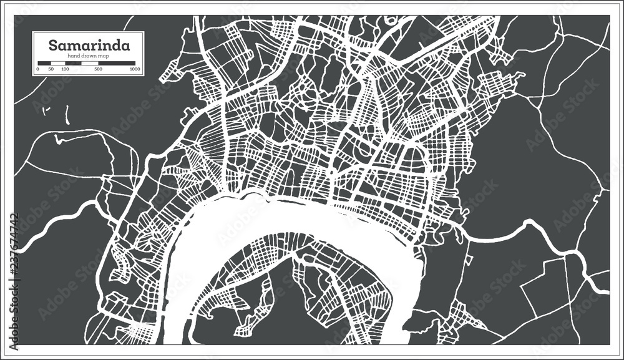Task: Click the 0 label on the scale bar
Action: tap(37, 69)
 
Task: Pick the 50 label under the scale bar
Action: tap(51, 69)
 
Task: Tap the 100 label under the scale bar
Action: tap(65, 69)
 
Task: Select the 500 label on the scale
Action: tap(98, 69)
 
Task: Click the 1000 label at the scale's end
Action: tap(135, 69)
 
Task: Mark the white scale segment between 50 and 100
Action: tap(58, 63)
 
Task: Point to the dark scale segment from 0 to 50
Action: tap(44, 63)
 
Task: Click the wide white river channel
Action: tap(206, 231)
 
